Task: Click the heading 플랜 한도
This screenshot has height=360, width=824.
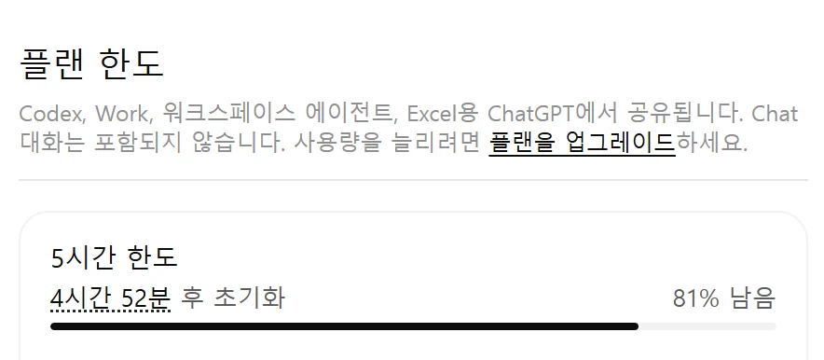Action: point(91,64)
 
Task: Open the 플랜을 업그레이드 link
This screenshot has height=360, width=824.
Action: point(582,142)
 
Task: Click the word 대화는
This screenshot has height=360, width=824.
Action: point(51,142)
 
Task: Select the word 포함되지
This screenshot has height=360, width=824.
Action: point(138,142)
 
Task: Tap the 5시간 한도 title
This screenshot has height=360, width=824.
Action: point(114,257)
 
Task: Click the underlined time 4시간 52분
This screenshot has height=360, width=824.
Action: point(110,298)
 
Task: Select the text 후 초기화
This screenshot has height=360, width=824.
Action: point(233,298)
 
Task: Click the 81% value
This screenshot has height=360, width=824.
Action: point(695,298)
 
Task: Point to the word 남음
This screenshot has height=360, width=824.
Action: point(752,298)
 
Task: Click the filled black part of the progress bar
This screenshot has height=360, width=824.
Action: point(344,326)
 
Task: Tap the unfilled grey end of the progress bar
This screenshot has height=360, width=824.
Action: point(707,326)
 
